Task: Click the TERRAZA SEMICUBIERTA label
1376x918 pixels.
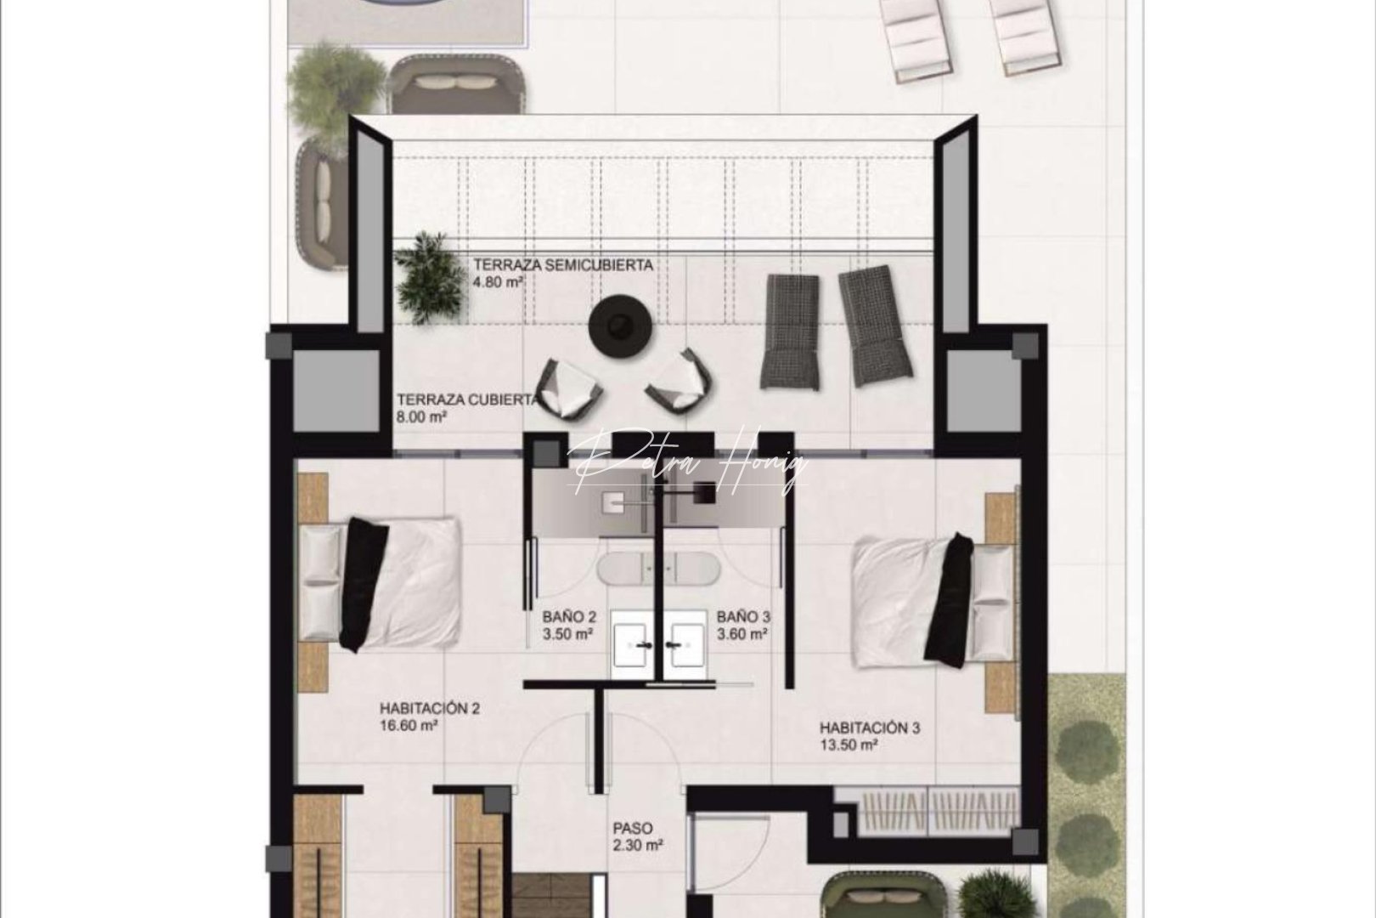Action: coord(563,265)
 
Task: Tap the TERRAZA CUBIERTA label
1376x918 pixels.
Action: coord(466,399)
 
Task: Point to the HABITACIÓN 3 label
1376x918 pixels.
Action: coord(869,728)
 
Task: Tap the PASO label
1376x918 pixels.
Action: coord(633,827)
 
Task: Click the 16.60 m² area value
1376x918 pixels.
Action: coord(409,726)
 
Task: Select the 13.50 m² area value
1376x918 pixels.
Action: coord(848,745)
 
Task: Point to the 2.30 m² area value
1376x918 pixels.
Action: coord(637,846)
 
